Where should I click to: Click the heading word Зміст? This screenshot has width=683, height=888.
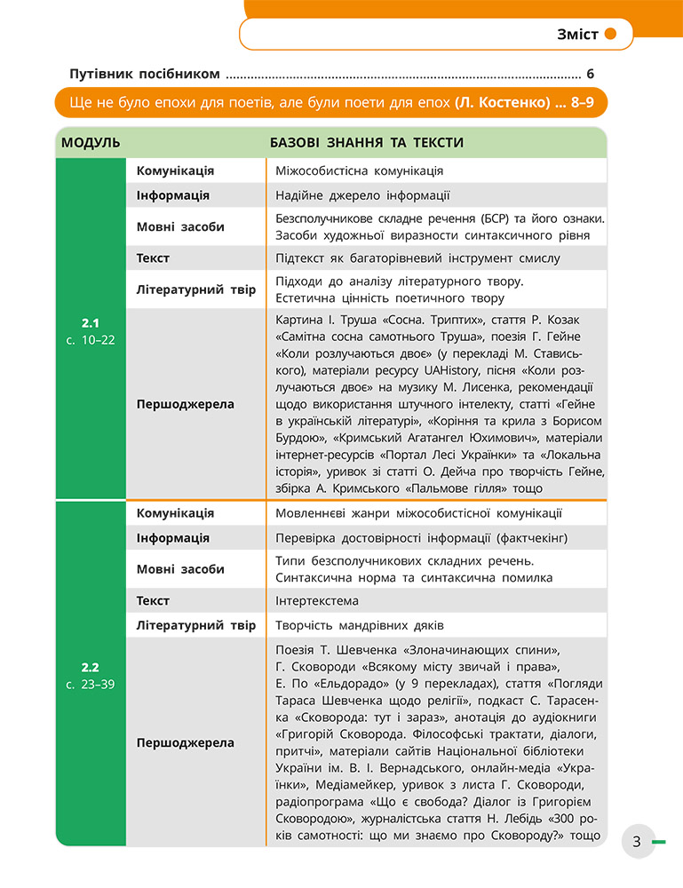point(576,36)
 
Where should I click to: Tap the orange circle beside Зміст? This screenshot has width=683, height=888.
point(611,36)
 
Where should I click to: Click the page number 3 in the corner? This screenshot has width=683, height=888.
point(637,841)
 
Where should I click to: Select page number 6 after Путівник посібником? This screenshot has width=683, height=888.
point(590,75)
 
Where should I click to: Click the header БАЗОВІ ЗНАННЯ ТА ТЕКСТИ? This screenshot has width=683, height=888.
point(366,143)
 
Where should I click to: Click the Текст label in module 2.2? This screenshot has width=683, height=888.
point(153,601)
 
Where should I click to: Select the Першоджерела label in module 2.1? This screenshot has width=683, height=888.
point(185,404)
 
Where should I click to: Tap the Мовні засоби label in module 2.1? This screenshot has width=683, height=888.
point(180,226)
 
